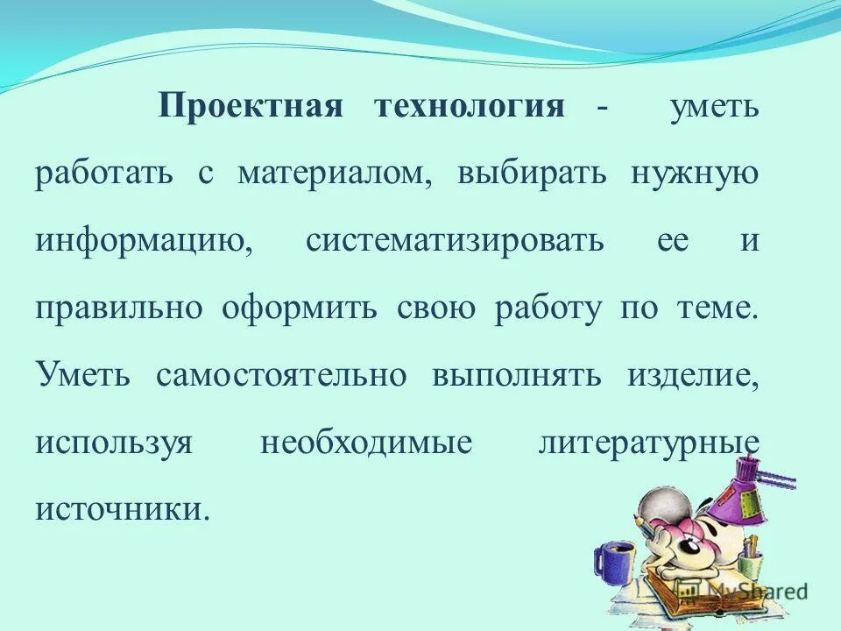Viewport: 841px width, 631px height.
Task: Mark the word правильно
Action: (119, 308)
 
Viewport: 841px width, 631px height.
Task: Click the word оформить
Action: (306, 308)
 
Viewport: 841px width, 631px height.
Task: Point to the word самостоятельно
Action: (281, 374)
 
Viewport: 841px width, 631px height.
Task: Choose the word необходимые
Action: (366, 441)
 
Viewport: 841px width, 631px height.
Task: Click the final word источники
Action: (123, 507)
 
